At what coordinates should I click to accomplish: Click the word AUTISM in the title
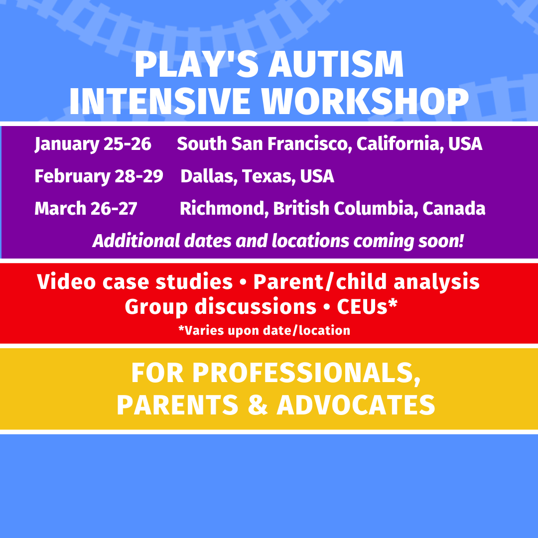pyautogui.click(x=336, y=64)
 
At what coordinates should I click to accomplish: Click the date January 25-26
pyautogui.click(x=93, y=144)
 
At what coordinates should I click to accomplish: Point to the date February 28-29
pyautogui.click(x=99, y=176)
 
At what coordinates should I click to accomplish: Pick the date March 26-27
pyautogui.click(x=86, y=209)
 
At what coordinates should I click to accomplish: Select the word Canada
pyautogui.click(x=454, y=209)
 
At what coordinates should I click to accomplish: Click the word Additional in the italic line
pyautogui.click(x=136, y=241)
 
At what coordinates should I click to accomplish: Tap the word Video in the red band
pyautogui.click(x=66, y=282)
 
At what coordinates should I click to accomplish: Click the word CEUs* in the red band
pyautogui.click(x=367, y=306)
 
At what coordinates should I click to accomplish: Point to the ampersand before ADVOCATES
pyautogui.click(x=258, y=405)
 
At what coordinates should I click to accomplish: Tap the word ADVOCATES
pyautogui.click(x=356, y=405)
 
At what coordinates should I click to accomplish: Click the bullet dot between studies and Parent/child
pyautogui.click(x=243, y=283)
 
